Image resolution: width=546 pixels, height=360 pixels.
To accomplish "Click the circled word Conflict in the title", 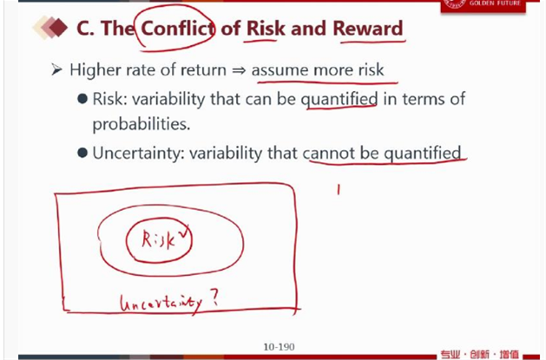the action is click(178, 28).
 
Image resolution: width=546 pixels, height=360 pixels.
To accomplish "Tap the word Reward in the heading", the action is click(368, 28).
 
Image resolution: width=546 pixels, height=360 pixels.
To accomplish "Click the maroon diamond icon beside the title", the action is click(58, 27).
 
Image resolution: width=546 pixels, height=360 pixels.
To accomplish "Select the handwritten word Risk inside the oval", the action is click(159, 240).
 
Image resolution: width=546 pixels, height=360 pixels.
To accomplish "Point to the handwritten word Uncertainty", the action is click(161, 304).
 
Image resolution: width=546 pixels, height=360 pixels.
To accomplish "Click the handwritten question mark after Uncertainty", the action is click(214, 298).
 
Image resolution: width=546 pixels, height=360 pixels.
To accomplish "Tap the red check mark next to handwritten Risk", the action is click(183, 231).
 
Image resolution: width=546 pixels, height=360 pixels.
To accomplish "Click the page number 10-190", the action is click(279, 347).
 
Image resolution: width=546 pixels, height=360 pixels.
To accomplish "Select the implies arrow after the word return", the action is click(239, 70).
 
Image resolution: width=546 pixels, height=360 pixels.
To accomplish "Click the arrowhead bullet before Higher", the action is click(56, 69).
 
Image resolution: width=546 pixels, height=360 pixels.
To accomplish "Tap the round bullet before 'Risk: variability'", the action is click(82, 99).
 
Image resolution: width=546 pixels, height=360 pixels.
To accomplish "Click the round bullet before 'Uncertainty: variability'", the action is click(82, 153).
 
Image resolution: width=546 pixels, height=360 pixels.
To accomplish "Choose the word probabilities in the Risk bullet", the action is click(141, 124).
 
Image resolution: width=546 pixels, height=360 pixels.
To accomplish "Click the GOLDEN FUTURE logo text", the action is click(495, 3).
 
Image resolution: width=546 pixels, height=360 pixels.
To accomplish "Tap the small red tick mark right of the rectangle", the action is click(338, 190).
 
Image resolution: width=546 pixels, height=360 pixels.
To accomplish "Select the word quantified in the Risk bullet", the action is click(339, 100).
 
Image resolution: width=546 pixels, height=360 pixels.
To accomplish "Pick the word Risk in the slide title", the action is click(266, 28).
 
